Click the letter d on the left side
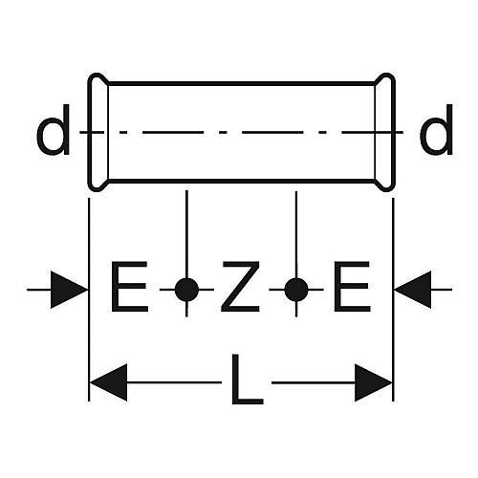point(53,130)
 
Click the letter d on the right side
point(436,130)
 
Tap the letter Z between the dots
point(240,286)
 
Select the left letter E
point(129,286)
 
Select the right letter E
point(352,286)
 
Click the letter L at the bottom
point(248,379)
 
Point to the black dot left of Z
point(186,290)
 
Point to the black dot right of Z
point(296,290)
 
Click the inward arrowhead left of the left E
point(69,290)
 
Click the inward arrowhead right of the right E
point(413,290)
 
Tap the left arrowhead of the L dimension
point(108,382)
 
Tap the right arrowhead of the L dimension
point(374,382)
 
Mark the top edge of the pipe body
point(241,84)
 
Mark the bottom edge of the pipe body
point(241,182)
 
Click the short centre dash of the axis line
point(223,132)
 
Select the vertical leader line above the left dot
point(186,234)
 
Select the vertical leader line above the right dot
point(296,234)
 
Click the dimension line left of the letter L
point(174,382)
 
